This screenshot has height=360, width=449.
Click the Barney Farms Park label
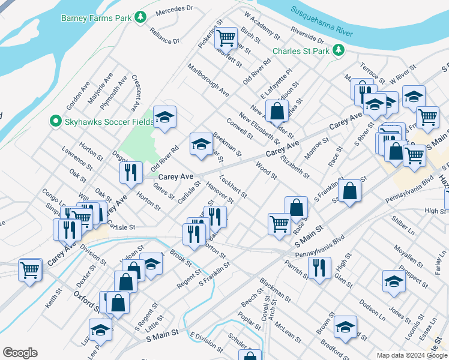point(96,17)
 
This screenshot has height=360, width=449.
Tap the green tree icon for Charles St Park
point(339,50)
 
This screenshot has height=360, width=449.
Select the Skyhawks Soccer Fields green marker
point(56,121)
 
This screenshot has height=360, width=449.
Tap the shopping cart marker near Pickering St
point(226,38)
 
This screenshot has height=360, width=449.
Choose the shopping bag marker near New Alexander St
point(276,111)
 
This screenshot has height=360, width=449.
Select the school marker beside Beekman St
point(201,143)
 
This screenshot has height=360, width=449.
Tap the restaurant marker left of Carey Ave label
point(130,172)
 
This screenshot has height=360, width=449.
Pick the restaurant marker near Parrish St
point(319,268)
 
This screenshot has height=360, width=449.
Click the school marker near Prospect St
point(393,280)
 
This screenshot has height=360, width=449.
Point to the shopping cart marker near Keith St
point(29,270)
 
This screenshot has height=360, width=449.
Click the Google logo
point(20,352)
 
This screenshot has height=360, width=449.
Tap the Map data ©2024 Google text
point(411,355)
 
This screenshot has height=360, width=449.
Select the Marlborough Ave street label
point(208,81)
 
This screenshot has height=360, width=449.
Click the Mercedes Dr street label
point(173,10)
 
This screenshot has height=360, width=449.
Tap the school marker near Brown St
point(345,326)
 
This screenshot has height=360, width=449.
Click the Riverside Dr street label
point(306,37)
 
